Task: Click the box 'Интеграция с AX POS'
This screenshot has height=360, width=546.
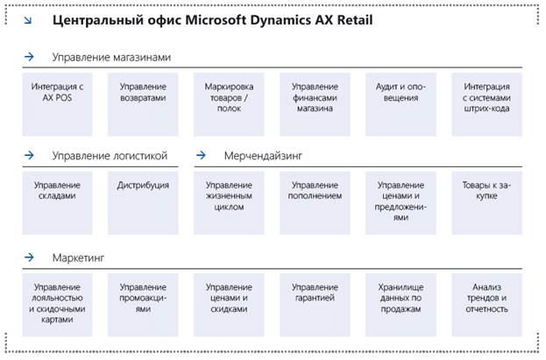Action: pyautogui.click(x=57, y=104)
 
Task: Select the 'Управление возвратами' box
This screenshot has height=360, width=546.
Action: pyautogui.click(x=143, y=104)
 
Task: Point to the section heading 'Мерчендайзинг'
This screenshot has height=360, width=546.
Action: pyautogui.click(x=263, y=157)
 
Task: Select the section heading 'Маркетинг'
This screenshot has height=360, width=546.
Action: pyautogui.click(x=78, y=258)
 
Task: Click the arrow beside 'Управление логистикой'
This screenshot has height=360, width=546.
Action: pyautogui.click(x=30, y=157)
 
